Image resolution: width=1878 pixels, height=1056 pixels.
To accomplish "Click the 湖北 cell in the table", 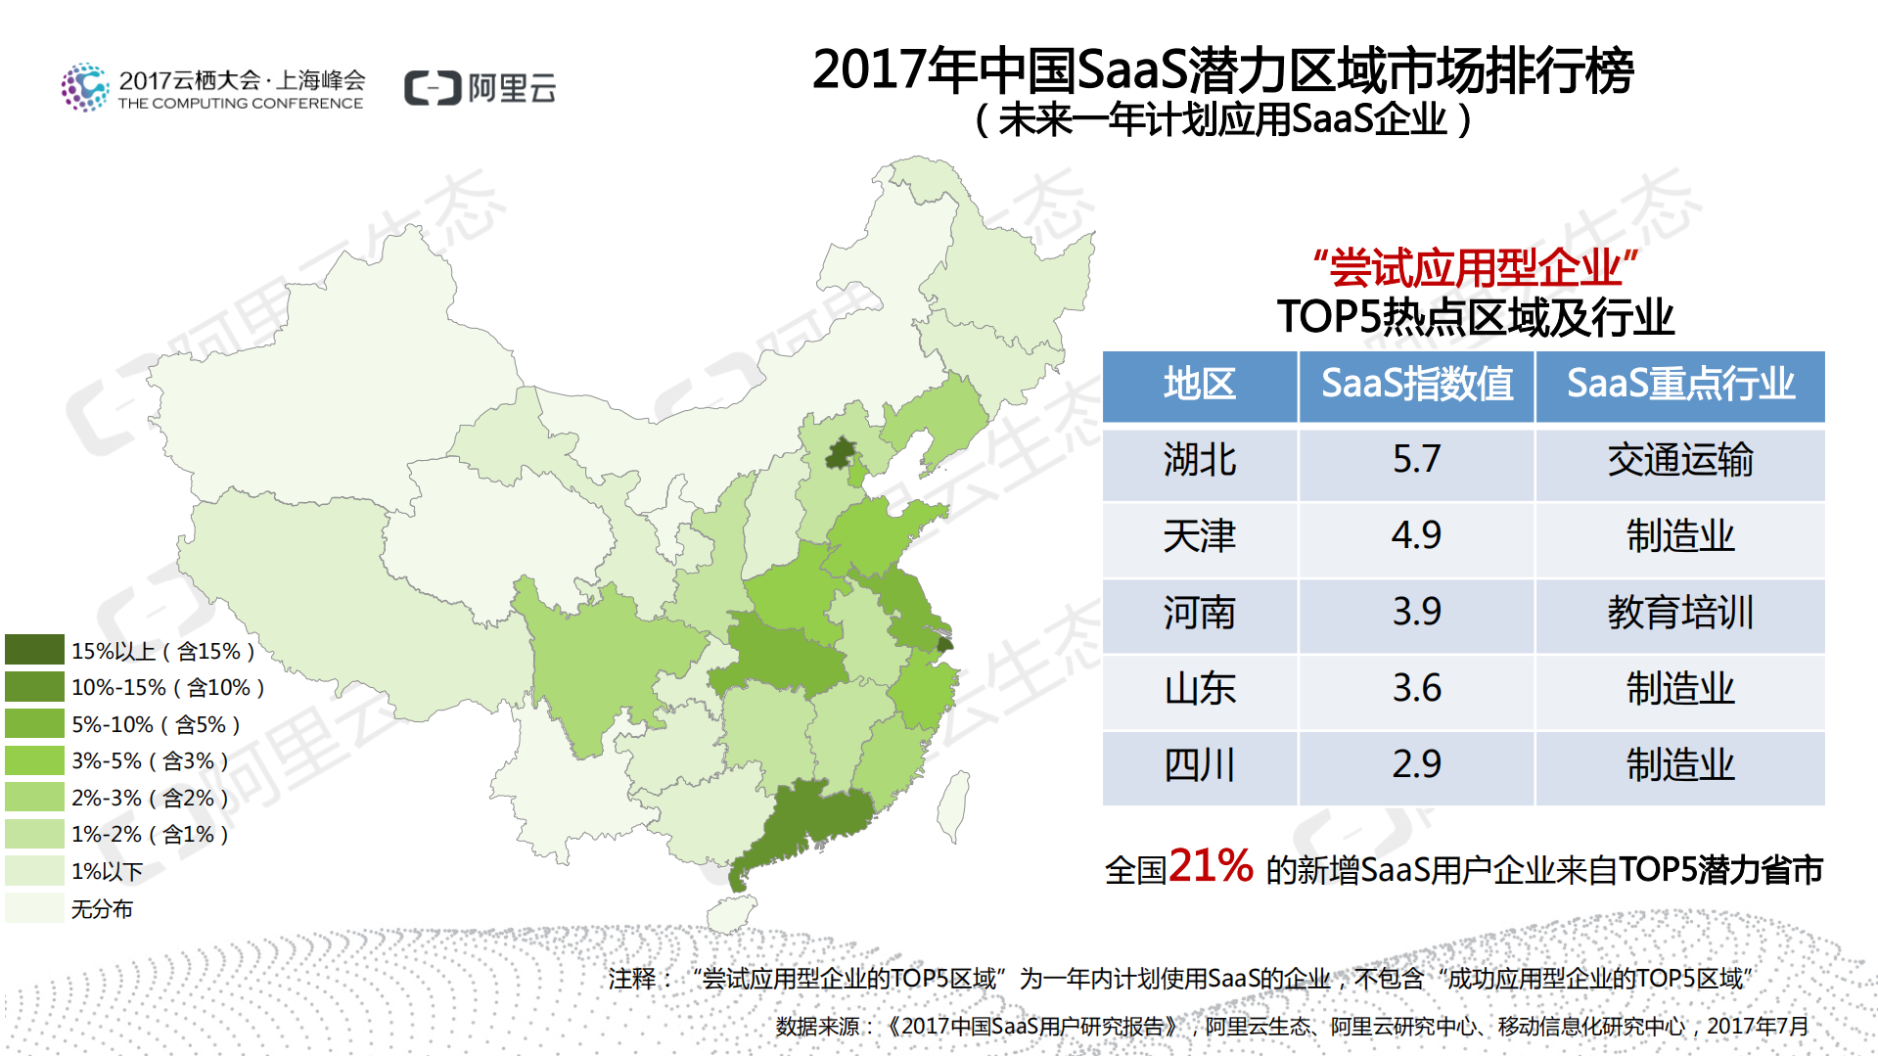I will pos(1200,460).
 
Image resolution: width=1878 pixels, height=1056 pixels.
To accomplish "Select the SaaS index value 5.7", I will pos(1416,460).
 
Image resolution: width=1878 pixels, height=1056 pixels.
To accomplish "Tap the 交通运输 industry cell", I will pos(1679,460).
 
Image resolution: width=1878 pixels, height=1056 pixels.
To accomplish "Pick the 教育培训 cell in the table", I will pos(1679,613).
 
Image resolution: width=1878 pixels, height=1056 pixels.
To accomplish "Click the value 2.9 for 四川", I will pos(1416,765).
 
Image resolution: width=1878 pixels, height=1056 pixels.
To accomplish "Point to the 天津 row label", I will pos(1200,536).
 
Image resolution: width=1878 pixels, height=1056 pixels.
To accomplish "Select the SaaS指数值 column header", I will pos(1416,385).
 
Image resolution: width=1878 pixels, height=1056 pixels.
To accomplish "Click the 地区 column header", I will pos(1200,385).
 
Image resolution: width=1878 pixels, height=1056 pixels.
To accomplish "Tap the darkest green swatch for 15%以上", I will pos(34,650).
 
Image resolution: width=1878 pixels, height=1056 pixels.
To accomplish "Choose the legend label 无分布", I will pos(102,909).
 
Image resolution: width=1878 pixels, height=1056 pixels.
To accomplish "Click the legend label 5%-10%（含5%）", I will pos(156,725).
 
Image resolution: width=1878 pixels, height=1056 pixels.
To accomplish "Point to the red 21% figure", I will pos(1211,866).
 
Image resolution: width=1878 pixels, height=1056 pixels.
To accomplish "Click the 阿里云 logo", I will pos(480,88).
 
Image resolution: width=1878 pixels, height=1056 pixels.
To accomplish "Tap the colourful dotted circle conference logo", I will pos(85,88).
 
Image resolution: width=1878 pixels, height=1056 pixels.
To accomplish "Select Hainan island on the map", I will pos(730,914).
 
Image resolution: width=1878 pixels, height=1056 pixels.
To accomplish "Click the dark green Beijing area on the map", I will pos(840,454).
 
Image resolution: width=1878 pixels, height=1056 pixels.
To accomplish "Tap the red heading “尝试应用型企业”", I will pos(1475,267).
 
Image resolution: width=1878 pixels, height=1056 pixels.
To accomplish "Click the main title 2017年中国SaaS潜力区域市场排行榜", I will pos(1222,70).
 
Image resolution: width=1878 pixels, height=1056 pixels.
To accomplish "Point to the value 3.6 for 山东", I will pos(1416,689).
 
